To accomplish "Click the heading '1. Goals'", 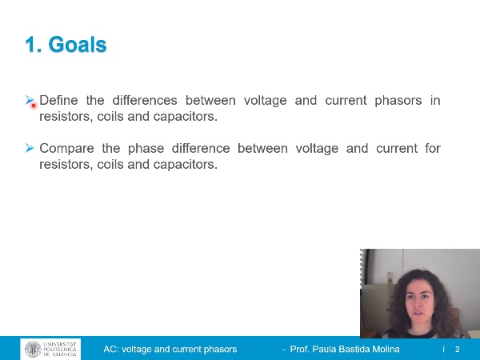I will (x=66, y=45).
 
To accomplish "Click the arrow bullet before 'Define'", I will (x=30, y=101).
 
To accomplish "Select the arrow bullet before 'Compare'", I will (x=30, y=149).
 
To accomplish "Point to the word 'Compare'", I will (x=66, y=149).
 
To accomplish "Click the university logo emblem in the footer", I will (x=33, y=350).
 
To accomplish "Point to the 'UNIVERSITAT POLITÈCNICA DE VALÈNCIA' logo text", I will (x=61, y=350).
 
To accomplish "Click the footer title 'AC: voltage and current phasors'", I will (x=170, y=350).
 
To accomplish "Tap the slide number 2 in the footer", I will (x=458, y=350).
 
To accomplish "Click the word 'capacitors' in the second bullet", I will (x=186, y=165).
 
